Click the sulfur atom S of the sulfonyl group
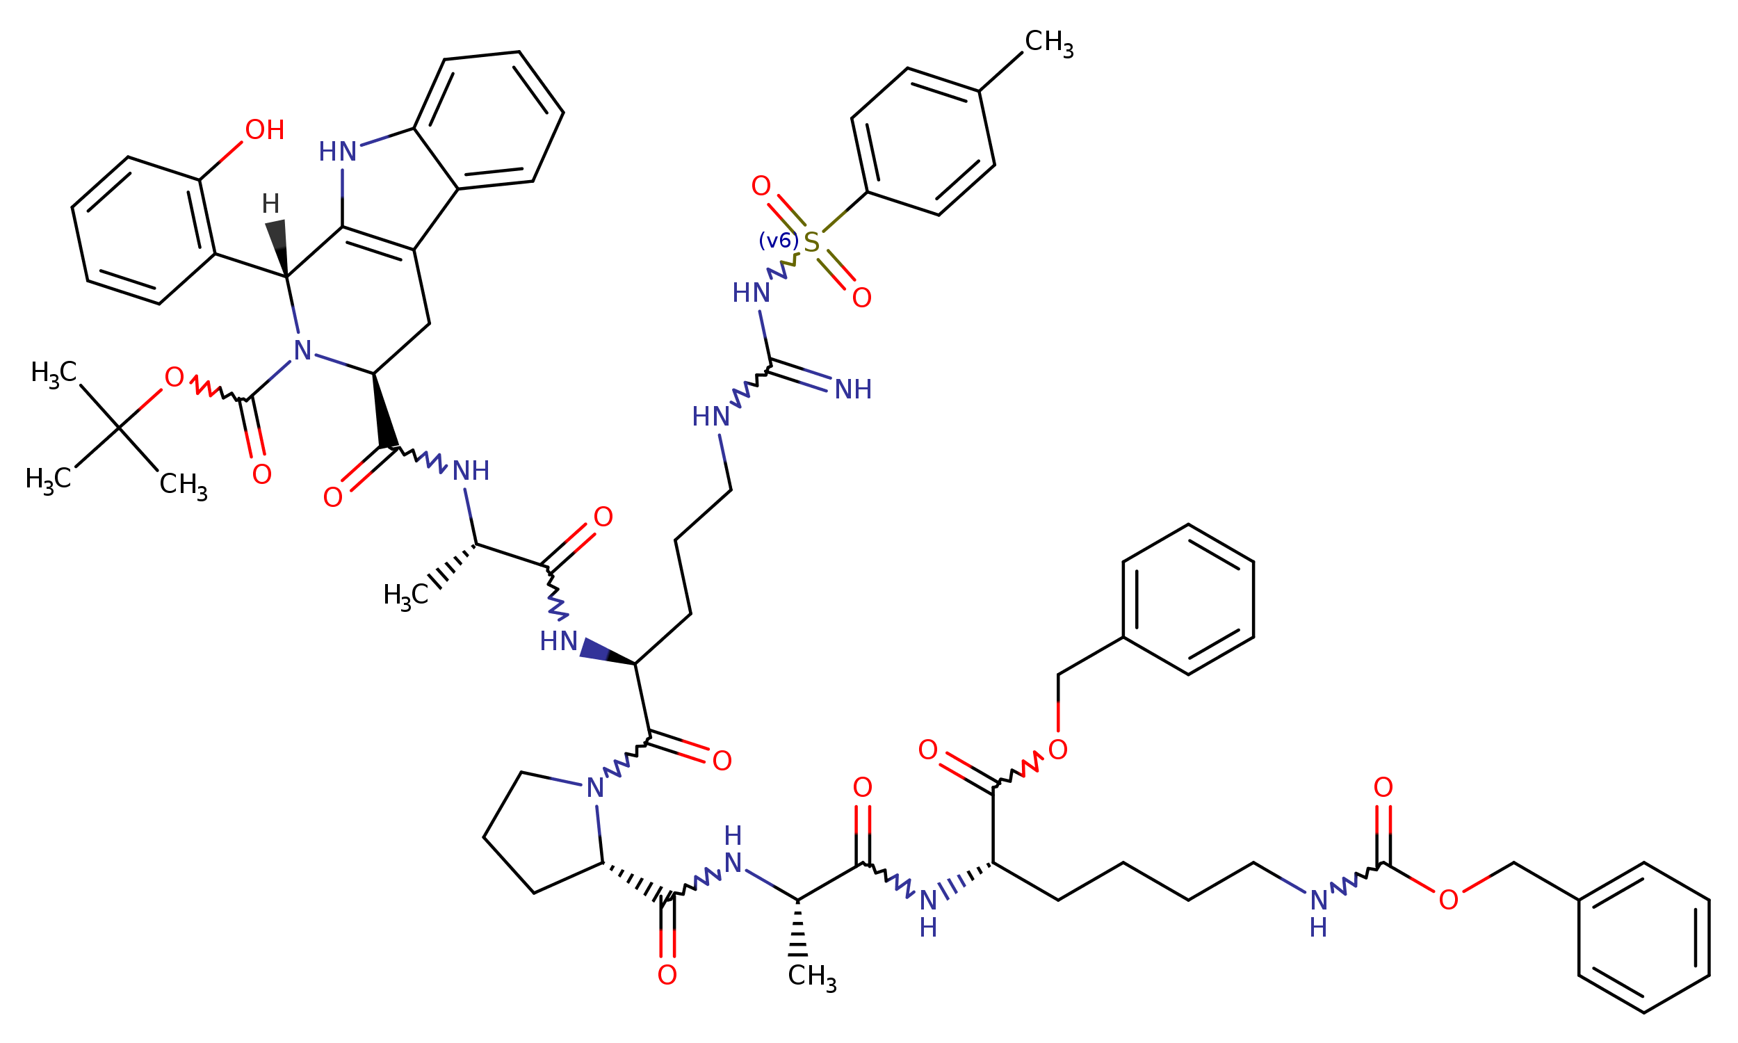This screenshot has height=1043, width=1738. (811, 243)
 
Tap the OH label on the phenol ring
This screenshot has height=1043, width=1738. (265, 130)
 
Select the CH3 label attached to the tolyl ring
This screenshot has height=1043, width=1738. (1049, 42)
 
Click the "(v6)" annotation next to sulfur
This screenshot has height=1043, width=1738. (779, 241)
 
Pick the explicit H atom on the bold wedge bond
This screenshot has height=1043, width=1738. (270, 204)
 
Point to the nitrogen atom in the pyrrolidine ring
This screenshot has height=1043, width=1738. (595, 789)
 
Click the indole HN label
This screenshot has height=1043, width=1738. (338, 152)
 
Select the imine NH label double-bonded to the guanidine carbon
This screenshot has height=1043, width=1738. (854, 389)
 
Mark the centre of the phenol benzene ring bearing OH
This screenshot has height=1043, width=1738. (143, 231)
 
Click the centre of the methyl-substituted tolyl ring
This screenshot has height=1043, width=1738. (923, 141)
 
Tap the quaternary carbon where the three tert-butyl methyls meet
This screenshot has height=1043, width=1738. (119, 428)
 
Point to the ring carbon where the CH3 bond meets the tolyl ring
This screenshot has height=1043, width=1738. (980, 90)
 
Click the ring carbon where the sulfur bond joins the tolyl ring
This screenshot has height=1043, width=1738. (867, 192)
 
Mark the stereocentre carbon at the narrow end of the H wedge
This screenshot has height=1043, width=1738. (286, 277)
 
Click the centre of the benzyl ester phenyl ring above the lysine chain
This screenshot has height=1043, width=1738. (1188, 599)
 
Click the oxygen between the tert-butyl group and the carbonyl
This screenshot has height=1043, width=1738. (174, 378)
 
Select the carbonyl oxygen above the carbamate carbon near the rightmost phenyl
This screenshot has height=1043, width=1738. (1383, 788)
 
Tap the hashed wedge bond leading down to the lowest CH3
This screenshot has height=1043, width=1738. (797, 928)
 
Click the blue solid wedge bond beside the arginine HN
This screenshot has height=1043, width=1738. (608, 652)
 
